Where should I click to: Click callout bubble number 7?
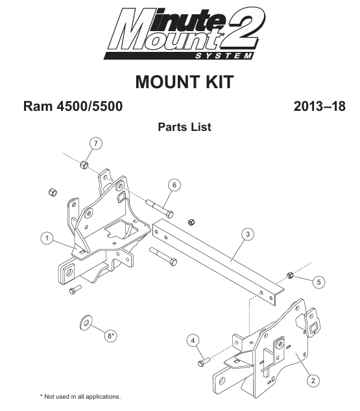[x=96, y=143]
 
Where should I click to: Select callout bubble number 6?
[x=174, y=185]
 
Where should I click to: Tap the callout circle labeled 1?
[x=47, y=239]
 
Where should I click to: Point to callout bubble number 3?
[x=248, y=234]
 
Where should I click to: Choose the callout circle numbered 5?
[x=319, y=282]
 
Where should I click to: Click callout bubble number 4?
[x=193, y=340]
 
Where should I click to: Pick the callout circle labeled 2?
[x=313, y=381]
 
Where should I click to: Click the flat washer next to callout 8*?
[x=86, y=323]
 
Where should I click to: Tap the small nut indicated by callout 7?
[x=84, y=165]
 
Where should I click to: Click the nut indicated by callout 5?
[x=290, y=276]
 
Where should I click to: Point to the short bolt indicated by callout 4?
[x=204, y=362]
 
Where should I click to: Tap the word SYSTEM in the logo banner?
[x=223, y=56]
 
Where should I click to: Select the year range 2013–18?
[x=319, y=106]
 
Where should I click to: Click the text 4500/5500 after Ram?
[x=90, y=106]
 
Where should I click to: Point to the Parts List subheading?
[x=184, y=127]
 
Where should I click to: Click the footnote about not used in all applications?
[x=80, y=397]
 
